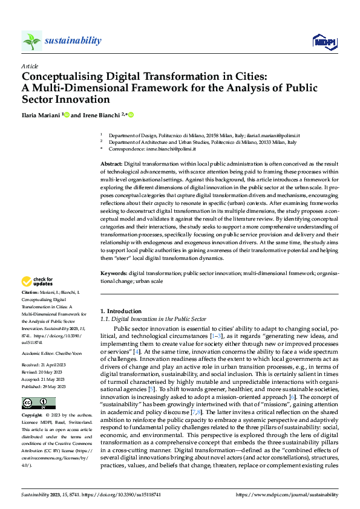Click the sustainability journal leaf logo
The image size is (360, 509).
[31, 41]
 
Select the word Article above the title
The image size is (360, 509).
[30, 66]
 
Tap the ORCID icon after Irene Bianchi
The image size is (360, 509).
[131, 115]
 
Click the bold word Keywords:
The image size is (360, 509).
[113, 274]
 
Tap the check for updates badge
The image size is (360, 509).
[38, 281]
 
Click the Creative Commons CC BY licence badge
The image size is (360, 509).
[39, 403]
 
